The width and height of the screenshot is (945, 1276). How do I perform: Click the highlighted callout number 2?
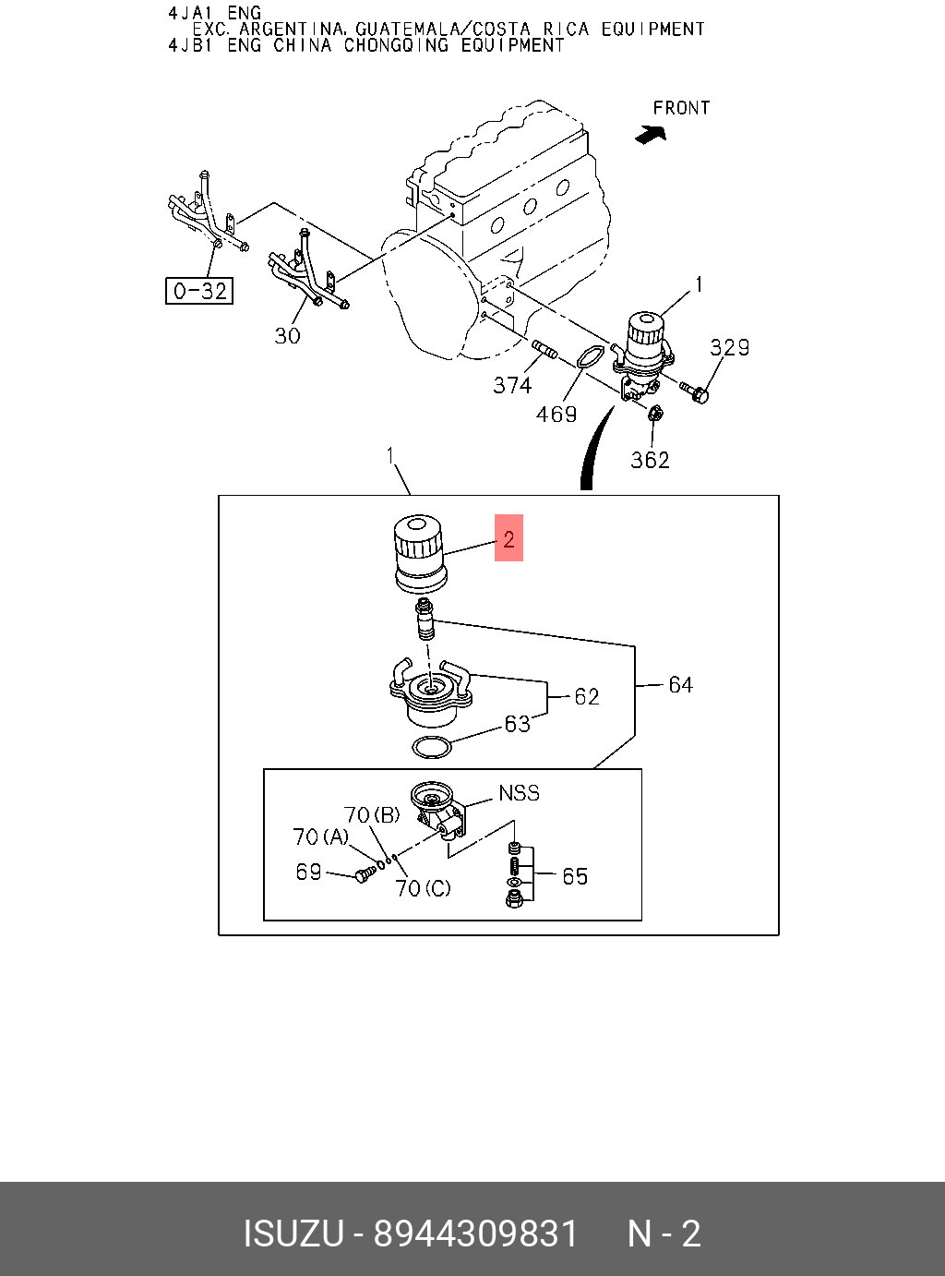coord(508,538)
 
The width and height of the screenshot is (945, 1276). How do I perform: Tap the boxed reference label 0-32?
coord(198,291)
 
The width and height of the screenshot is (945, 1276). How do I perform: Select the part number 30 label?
coord(287,336)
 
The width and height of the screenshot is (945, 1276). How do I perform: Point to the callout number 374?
coord(512,385)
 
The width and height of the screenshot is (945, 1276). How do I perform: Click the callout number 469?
coord(556,415)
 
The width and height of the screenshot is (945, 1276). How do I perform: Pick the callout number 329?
coord(729,347)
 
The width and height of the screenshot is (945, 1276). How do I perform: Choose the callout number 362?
coord(650,460)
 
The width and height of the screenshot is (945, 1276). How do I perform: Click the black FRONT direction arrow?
coord(651,135)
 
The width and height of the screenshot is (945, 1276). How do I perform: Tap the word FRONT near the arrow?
coord(681,108)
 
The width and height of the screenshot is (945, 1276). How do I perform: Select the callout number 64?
coord(680,684)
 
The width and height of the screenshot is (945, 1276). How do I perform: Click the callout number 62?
coord(586,697)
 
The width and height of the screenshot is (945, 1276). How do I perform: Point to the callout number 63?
coord(517,724)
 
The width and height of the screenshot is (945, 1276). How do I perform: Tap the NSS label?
coord(519,793)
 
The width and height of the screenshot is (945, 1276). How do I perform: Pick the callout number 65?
coord(574,875)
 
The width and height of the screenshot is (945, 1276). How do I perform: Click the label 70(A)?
coord(320,837)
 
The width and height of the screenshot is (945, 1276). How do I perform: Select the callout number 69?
coord(308,872)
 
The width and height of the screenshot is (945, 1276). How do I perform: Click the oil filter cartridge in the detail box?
coord(419,553)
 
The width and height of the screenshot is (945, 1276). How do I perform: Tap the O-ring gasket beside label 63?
coord(431,747)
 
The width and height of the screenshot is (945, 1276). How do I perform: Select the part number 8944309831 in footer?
coord(475,1234)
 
